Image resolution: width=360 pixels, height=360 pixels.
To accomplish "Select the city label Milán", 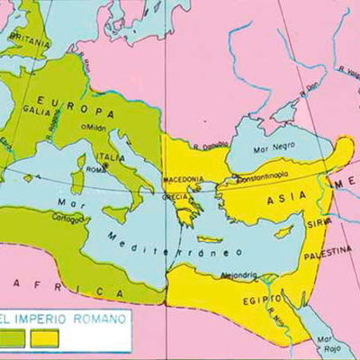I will click(x=95, y=128).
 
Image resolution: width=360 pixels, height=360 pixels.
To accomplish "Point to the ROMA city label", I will click(x=118, y=169).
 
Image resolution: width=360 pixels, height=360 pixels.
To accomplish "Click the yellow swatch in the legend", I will click(x=44, y=339).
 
